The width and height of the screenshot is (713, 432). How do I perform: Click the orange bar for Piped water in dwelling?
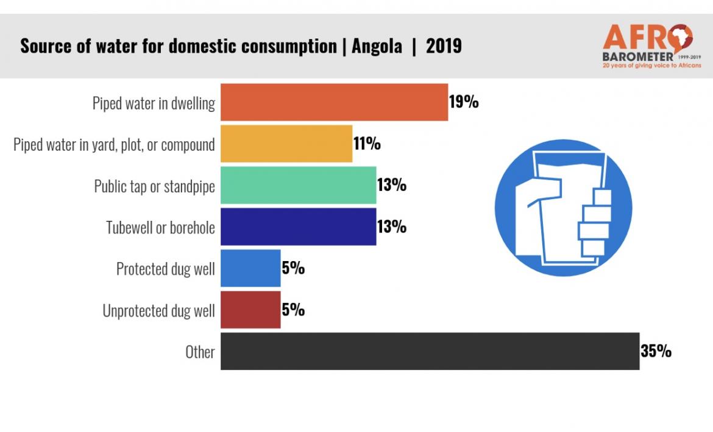334,102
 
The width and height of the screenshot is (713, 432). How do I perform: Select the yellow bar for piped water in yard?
286,144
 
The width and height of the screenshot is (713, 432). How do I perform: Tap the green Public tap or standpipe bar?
298,185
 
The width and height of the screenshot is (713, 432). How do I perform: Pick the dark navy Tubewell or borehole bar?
298,226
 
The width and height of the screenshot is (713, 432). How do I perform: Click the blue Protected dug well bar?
250,268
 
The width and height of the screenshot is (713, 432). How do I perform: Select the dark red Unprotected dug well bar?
250,310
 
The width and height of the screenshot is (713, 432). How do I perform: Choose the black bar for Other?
430,351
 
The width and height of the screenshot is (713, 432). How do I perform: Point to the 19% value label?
464,102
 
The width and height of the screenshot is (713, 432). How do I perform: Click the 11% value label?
367,144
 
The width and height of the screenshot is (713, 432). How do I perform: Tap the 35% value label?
656,351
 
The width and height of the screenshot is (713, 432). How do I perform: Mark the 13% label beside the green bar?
391,185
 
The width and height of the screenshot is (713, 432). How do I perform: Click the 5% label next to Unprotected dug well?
293,310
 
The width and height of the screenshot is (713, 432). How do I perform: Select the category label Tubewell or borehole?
160,228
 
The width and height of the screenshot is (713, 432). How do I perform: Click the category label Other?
200,352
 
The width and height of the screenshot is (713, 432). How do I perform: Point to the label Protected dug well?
165,269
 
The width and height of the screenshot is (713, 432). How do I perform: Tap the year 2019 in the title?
444,46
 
